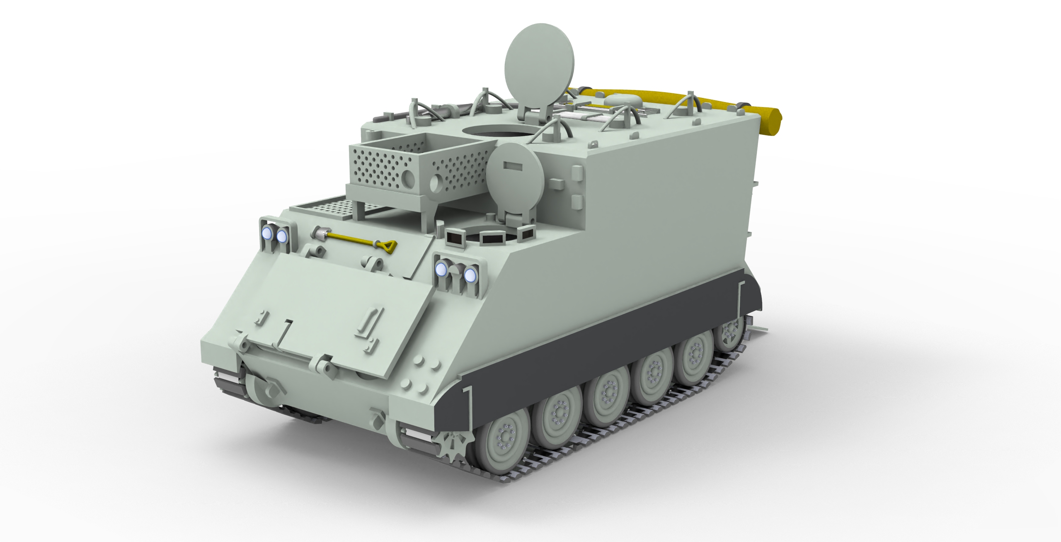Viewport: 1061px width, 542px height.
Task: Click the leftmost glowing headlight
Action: (x=268, y=235)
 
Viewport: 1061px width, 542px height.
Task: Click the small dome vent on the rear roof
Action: (x=618, y=100)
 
